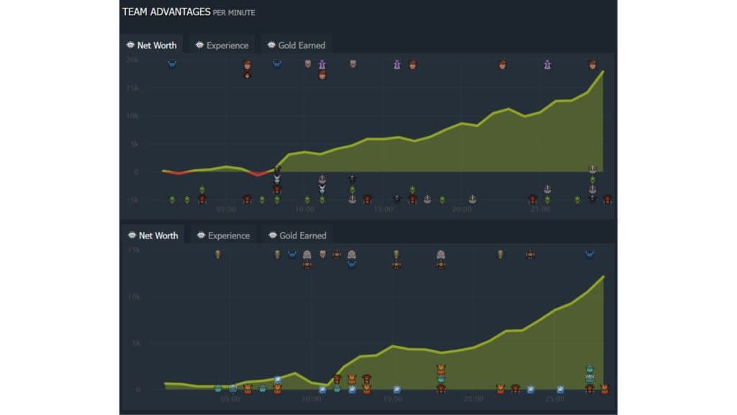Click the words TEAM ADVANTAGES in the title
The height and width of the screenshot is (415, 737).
click(x=166, y=12)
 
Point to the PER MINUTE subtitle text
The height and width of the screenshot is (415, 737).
click(x=234, y=13)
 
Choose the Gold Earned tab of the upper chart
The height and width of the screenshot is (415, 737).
click(x=296, y=45)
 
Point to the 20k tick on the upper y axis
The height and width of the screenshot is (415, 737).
click(x=132, y=61)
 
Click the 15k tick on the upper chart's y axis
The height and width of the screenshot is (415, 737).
click(x=132, y=88)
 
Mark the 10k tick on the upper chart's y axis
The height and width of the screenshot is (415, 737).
click(x=132, y=116)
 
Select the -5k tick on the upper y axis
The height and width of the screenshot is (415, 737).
click(x=132, y=200)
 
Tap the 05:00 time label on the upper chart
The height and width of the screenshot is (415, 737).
click(x=226, y=210)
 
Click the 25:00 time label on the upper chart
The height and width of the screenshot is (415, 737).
click(x=541, y=210)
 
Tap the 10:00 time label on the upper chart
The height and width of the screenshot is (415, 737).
click(x=304, y=210)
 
